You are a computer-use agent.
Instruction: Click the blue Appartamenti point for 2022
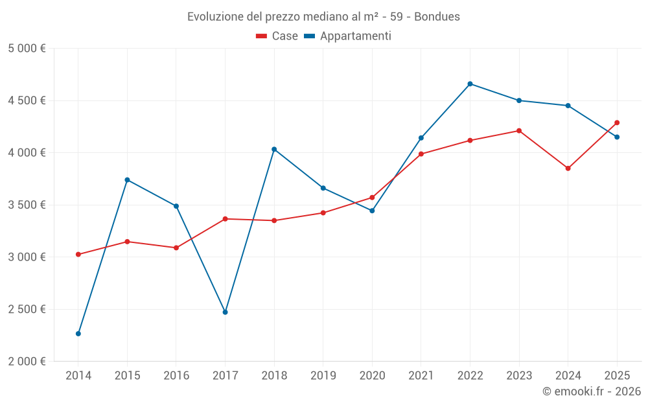(x=470, y=84)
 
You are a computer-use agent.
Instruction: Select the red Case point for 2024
(x=568, y=168)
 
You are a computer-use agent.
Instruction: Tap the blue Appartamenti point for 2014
(x=78, y=334)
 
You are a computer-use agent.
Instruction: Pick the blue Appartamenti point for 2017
(x=225, y=312)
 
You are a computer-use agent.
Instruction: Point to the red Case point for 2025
(x=617, y=122)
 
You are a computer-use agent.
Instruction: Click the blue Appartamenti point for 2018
(x=274, y=149)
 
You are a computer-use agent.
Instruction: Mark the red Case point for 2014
(x=78, y=255)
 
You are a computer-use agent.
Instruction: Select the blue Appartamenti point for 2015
(x=127, y=179)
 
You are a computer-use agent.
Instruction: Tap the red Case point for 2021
(x=421, y=154)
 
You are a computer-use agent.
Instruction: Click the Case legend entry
(x=277, y=36)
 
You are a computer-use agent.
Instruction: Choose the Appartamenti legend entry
(x=348, y=36)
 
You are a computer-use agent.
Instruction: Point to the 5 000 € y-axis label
(x=27, y=49)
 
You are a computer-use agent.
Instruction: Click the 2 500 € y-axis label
(x=27, y=309)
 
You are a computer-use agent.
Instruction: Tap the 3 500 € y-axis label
(x=27, y=205)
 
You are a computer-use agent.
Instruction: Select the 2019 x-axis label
(x=323, y=375)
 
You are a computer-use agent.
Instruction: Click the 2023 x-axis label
(x=519, y=375)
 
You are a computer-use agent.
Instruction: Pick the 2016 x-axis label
(x=176, y=375)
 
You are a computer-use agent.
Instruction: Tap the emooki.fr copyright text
(x=592, y=391)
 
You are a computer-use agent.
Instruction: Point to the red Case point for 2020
(x=372, y=198)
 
